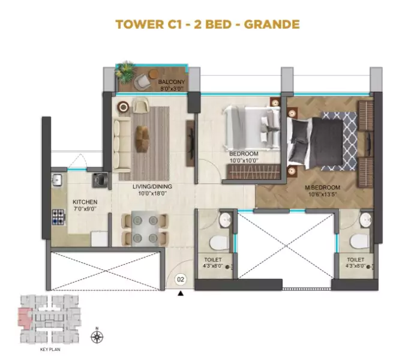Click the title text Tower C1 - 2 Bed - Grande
[x=207, y=25]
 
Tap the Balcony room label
[x=171, y=85]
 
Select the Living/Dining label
[x=152, y=190]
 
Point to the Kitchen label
[x=84, y=205]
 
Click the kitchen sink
[x=57, y=180]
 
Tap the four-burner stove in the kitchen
[x=59, y=216]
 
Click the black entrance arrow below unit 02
[x=180, y=293]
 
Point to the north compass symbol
[x=97, y=337]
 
